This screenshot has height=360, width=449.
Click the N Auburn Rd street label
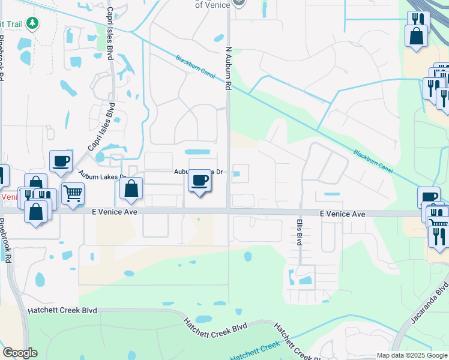click(228, 69)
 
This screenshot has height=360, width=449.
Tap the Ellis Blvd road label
click(298, 232)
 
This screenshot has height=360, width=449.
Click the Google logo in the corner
click(20, 353)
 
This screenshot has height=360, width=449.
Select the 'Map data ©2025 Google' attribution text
click(412, 355)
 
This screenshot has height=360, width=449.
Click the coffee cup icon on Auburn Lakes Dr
click(200, 180)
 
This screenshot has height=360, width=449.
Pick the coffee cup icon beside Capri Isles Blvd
click(61, 161)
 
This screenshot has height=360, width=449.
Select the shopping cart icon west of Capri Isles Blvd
click(73, 193)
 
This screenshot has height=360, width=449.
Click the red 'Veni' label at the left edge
click(8, 197)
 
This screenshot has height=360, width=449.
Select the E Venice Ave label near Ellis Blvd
click(342, 214)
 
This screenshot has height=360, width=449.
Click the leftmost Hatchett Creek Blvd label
click(62, 311)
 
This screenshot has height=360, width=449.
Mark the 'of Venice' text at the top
click(215, 5)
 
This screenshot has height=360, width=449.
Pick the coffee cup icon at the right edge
click(430, 197)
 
